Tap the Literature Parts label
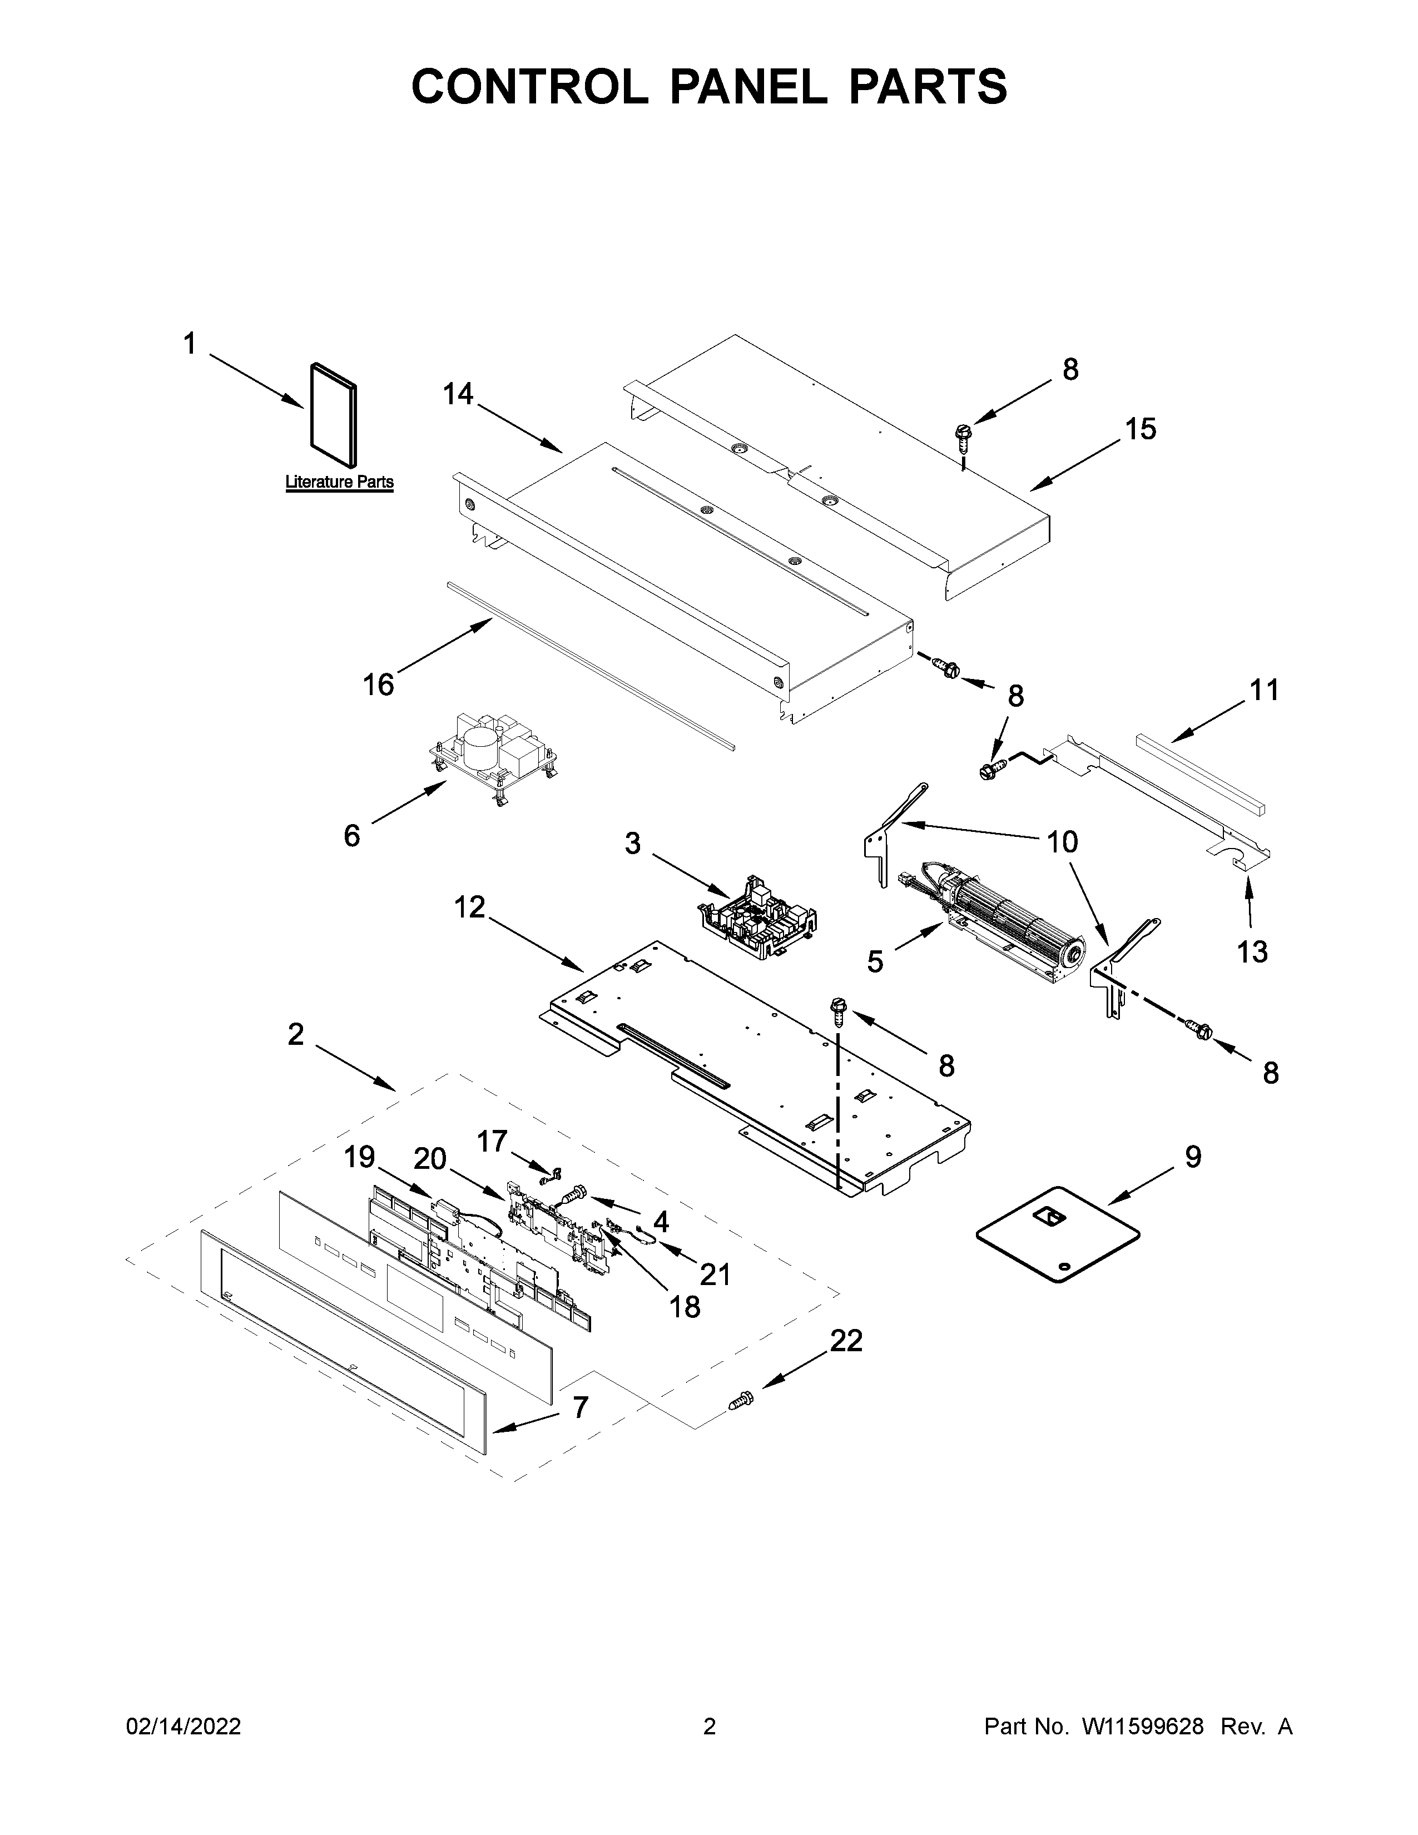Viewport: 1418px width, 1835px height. pyautogui.click(x=339, y=482)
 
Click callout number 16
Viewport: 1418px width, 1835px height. pyautogui.click(x=378, y=685)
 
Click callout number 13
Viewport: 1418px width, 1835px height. pyautogui.click(x=1252, y=952)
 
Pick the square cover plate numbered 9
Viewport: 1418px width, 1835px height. pyautogui.click(x=1058, y=1233)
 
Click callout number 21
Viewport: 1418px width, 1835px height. pyautogui.click(x=715, y=1274)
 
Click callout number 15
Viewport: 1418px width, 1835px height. pyautogui.click(x=1141, y=429)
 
